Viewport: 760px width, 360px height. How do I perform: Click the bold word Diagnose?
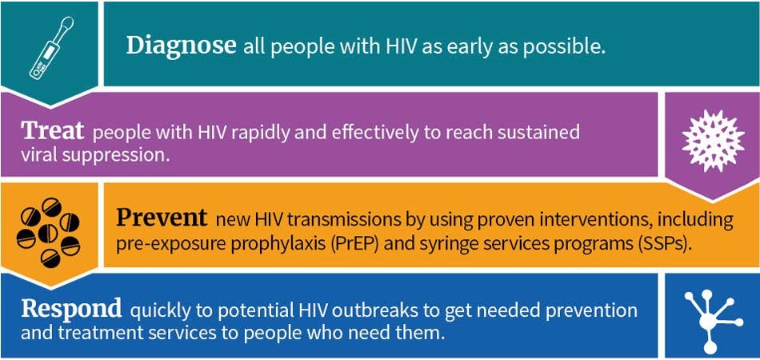tap(181, 45)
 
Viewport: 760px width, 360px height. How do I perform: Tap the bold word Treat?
tap(53, 130)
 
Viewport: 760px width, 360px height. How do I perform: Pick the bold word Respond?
tap(71, 308)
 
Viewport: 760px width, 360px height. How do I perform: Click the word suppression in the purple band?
tap(114, 154)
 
